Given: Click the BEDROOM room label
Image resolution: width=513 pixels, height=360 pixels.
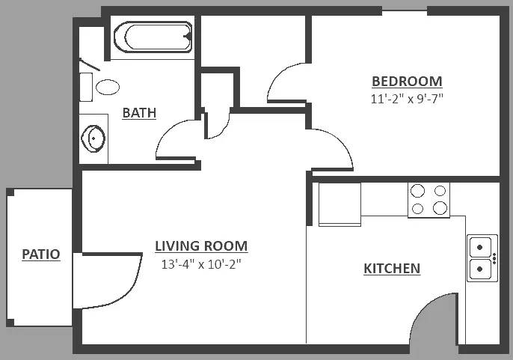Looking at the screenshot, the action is [407, 82].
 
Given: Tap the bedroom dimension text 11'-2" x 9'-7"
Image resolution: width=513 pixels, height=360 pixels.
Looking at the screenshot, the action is [407, 98].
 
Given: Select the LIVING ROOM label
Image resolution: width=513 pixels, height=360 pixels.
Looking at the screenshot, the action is [201, 246].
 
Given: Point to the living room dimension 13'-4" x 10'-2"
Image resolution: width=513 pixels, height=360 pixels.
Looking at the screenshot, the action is [201, 263].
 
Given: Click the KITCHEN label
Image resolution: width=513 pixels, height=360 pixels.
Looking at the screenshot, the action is [392, 269].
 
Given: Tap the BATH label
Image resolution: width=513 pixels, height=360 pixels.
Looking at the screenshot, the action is [139, 113].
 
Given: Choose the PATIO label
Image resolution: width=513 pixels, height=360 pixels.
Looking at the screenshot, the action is [41, 254].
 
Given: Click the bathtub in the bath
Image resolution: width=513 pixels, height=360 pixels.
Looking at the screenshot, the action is [153, 37].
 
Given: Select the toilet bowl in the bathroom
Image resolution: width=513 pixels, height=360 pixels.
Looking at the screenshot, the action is [108, 87].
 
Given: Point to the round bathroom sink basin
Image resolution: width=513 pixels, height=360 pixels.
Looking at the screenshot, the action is [93, 138].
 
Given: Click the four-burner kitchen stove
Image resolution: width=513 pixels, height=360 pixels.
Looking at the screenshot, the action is [428, 200].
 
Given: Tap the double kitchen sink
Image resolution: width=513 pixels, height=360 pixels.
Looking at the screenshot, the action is [482, 257].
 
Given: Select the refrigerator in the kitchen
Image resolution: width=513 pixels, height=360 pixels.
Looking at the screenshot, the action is [340, 204].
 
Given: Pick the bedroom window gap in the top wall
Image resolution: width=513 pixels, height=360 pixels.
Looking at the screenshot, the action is [405, 10].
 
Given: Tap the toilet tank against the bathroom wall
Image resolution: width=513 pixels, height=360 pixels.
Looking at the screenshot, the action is [86, 87].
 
